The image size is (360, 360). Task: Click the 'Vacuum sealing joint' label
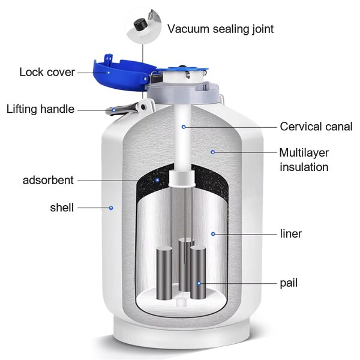click(221, 28)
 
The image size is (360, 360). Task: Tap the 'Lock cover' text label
click(47, 72)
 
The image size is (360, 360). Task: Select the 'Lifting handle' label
click(40, 109)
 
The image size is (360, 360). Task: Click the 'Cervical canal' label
click(316, 127)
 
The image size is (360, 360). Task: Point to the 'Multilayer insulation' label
click(304, 159)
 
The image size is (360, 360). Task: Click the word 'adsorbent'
click(48, 180)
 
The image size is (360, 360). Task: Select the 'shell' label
click(62, 208)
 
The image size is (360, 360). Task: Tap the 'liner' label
click(291, 233)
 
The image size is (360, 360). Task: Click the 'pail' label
click(289, 282)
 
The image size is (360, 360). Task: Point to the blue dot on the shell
click(111, 208)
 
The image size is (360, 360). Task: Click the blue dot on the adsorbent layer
click(157, 179)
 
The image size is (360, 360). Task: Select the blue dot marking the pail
click(200, 282)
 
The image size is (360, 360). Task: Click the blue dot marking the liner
click(212, 233)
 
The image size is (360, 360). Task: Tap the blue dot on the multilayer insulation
click(212, 152)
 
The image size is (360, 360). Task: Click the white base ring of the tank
click(180, 336)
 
